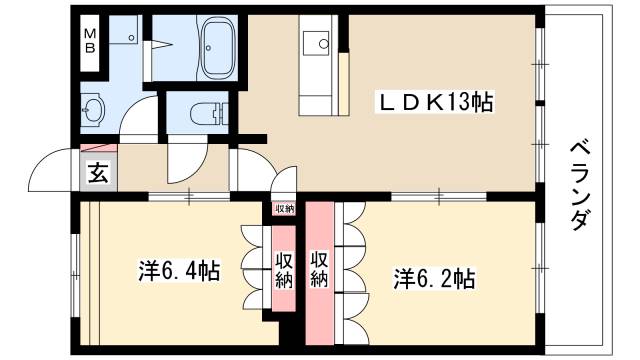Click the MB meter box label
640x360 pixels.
coord(90,41)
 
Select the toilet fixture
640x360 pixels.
coord(209,112)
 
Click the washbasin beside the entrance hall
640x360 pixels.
coord(93,109)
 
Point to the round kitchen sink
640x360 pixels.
coord(324,43)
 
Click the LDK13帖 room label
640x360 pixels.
coord(436,102)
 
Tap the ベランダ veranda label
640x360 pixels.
coord(580,186)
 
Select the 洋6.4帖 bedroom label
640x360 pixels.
coord(179,271)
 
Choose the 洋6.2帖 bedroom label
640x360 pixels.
coord(434,279)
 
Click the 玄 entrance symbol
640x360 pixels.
coord(98,172)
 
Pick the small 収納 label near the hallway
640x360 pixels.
coord(284,209)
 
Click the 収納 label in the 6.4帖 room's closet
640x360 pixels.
coord(284,270)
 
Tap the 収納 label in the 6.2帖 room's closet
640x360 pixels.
coord(319,268)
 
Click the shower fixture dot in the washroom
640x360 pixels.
coord(131,38)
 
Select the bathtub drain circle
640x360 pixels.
coord(208,48)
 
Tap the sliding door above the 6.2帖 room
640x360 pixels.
coord(439,197)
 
